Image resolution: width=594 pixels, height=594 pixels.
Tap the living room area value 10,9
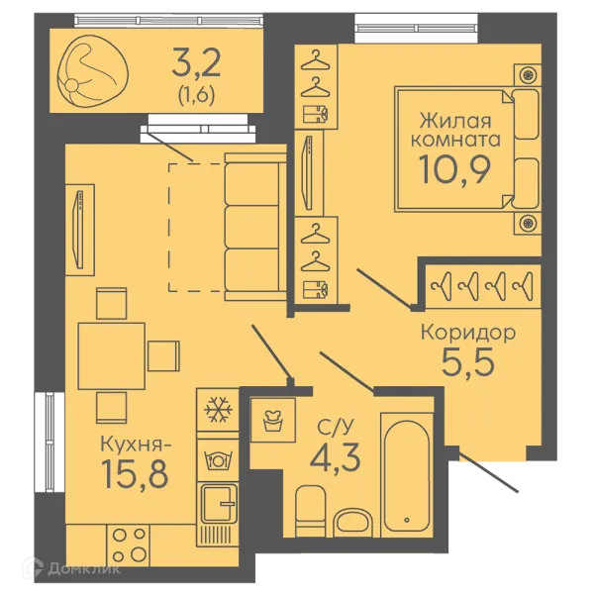tap(454, 169)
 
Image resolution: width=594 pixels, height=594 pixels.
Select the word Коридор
tap(468, 333)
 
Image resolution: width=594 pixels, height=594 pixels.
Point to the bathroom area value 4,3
tap(335, 457)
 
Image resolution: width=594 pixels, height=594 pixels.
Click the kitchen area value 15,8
tap(136, 473)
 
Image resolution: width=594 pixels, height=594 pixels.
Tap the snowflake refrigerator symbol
tap(218, 410)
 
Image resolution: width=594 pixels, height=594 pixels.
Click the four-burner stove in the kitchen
tap(129, 545)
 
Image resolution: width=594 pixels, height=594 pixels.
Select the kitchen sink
tap(218, 503)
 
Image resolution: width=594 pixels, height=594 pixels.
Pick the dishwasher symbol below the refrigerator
tap(218, 460)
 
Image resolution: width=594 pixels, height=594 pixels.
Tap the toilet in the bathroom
tap(310, 511)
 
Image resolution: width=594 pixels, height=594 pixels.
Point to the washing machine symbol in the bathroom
tap(273, 420)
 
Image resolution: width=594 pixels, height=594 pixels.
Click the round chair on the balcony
tap(92, 71)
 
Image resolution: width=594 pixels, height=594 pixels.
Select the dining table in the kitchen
tap(111, 356)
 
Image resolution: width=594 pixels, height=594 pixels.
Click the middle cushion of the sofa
tap(251, 228)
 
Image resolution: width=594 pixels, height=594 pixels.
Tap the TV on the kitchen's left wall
tap(79, 230)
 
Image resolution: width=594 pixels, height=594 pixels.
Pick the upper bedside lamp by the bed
tap(528, 75)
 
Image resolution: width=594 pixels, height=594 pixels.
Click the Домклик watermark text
tap(84, 568)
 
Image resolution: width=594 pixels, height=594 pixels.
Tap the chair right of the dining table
tap(163, 355)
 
